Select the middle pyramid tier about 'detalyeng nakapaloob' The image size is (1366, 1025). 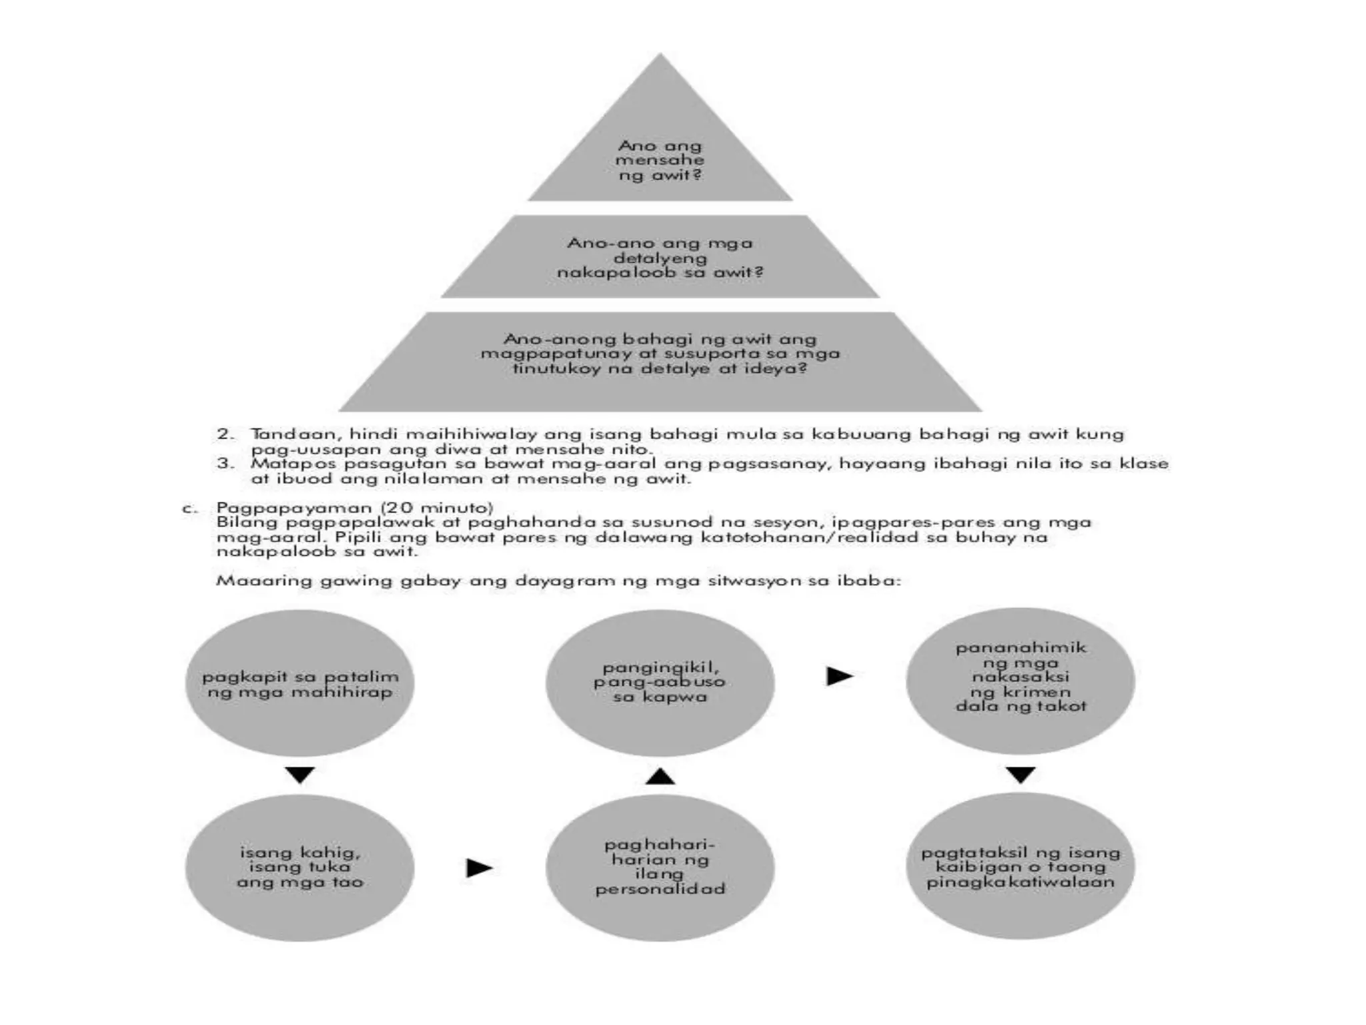click(x=660, y=257)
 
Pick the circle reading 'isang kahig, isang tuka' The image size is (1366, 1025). click(x=299, y=867)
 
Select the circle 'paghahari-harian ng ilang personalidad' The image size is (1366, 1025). click(x=660, y=867)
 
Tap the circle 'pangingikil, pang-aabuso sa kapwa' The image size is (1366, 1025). click(x=660, y=682)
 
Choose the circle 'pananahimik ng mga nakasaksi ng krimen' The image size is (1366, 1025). click(x=1020, y=679)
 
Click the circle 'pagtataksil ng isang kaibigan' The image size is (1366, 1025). click(x=1020, y=867)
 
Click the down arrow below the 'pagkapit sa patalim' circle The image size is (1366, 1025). click(x=299, y=775)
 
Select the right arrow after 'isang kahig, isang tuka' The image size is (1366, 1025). click(x=479, y=868)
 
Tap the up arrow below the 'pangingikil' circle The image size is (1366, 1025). click(x=660, y=775)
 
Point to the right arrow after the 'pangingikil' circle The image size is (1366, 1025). click(x=840, y=676)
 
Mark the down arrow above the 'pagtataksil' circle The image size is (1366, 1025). click(x=1020, y=775)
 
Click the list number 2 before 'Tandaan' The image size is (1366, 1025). click(x=225, y=434)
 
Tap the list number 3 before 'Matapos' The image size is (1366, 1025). click(x=225, y=463)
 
